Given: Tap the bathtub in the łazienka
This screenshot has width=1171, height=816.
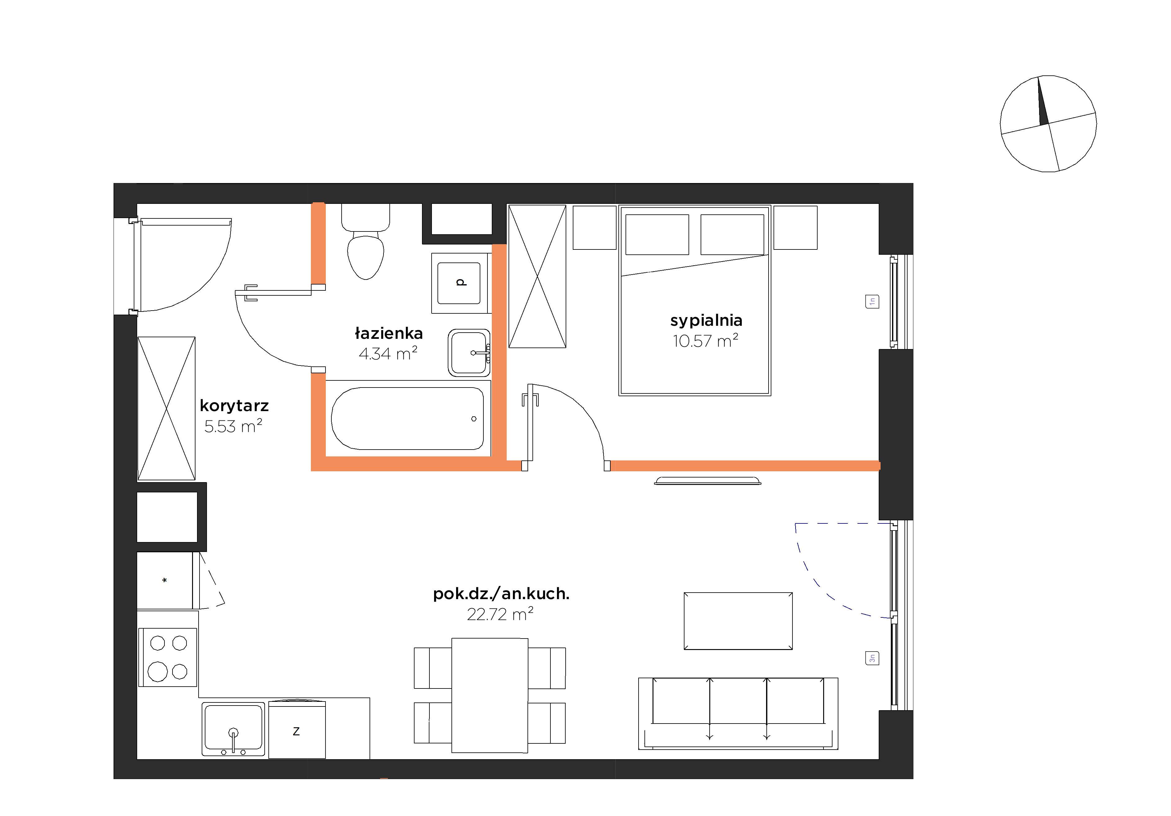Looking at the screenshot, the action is coord(407,418).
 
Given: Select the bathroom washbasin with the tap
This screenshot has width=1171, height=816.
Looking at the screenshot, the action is coord(469,352).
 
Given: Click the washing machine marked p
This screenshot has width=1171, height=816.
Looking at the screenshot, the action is coord(460,283).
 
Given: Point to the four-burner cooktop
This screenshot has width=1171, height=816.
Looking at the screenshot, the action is coord(168,657).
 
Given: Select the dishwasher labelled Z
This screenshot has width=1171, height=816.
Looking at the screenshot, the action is coord(297,729).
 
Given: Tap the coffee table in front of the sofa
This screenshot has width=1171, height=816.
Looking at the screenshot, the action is coord(738,621).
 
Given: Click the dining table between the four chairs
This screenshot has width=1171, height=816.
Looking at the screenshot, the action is coord(490,695).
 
